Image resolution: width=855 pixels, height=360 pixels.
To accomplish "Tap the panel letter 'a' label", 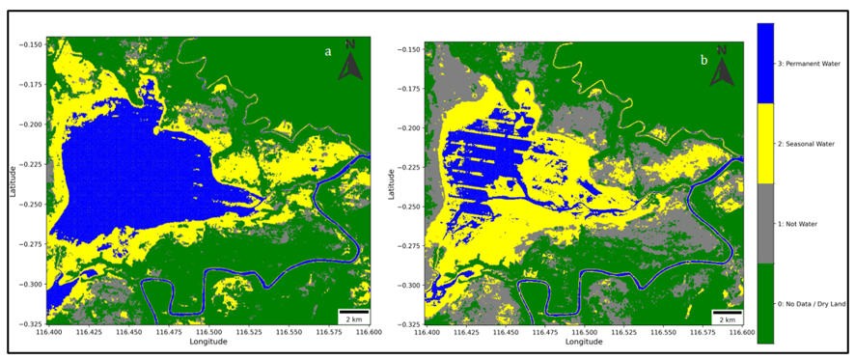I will click(x=328, y=52).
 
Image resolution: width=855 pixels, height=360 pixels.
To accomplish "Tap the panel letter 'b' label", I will click(x=703, y=60).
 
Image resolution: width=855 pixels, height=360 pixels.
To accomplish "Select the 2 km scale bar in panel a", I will click(x=353, y=313).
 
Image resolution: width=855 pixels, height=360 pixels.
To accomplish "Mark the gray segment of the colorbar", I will click(x=766, y=223).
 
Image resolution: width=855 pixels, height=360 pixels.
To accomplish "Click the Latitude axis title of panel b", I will click(x=393, y=183).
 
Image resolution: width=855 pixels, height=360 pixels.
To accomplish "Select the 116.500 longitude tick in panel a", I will click(x=208, y=332).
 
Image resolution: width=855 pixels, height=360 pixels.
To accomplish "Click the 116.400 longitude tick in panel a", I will click(x=48, y=332).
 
